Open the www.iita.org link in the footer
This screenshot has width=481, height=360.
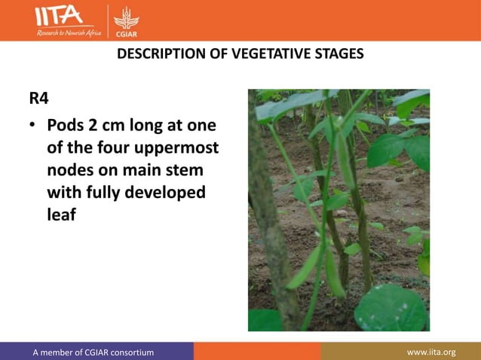point(431,352)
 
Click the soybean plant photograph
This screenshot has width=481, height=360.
point(339,210)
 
